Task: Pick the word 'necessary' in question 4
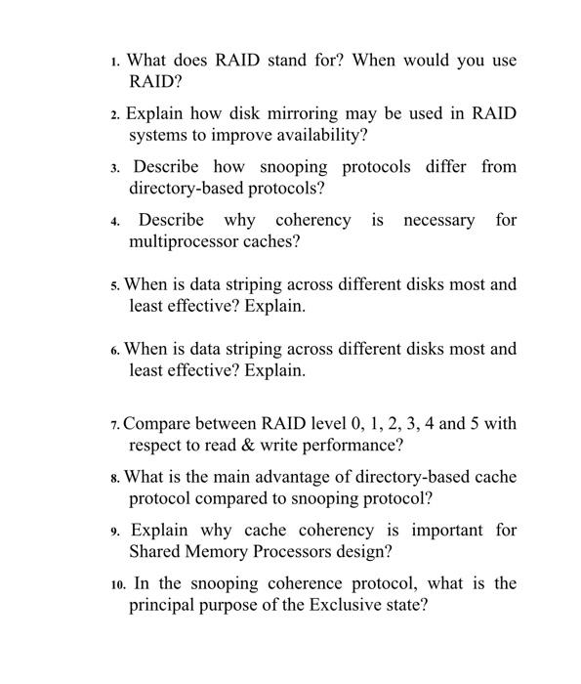[x=438, y=220]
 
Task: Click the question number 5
[x=115, y=286]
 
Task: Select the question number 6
[x=115, y=350]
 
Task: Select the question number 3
[x=115, y=168]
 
